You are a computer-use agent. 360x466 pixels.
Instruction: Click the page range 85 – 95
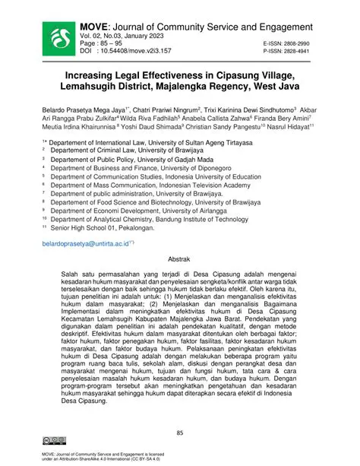(x=116, y=45)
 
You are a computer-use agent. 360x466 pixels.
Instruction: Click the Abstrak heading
(x=178, y=259)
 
